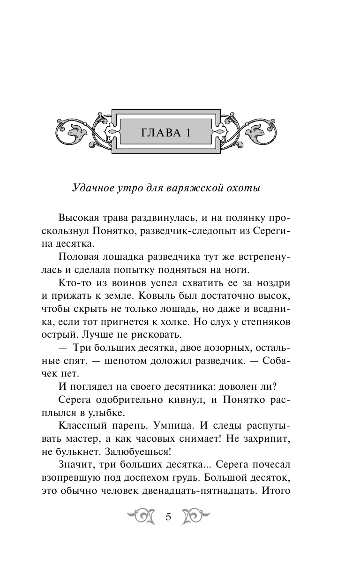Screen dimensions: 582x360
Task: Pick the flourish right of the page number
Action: point(195,517)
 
